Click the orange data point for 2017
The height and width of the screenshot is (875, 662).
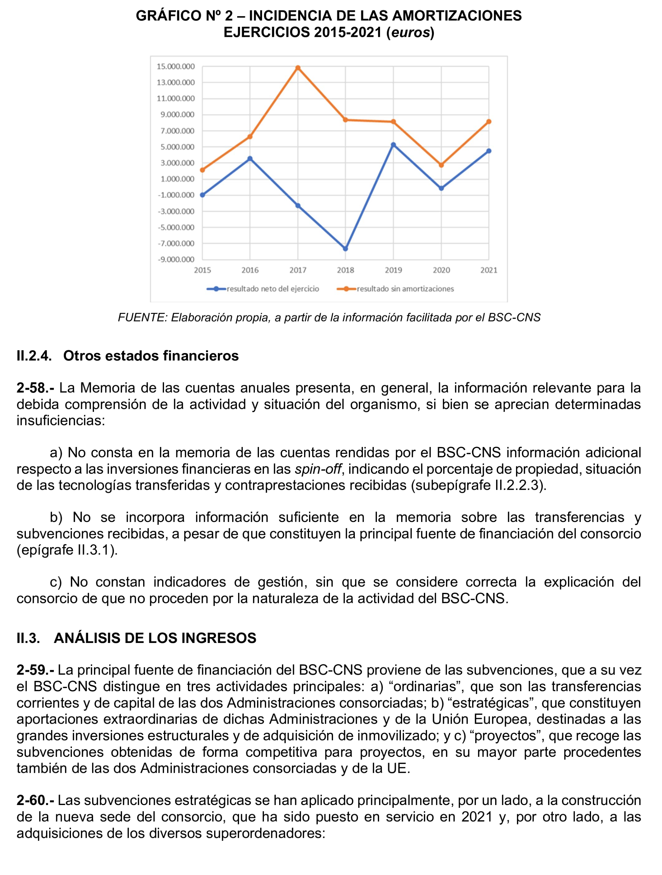click(298, 68)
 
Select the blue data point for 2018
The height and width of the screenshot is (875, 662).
click(345, 249)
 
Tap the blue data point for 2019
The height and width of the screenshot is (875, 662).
click(393, 145)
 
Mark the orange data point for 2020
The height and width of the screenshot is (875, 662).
click(441, 165)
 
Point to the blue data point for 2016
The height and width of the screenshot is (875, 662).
click(250, 159)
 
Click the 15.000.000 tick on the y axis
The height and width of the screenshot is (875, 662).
click(176, 67)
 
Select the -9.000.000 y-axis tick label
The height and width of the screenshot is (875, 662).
click(176, 259)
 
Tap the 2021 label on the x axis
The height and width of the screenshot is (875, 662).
click(489, 270)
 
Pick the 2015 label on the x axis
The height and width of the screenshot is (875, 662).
click(202, 270)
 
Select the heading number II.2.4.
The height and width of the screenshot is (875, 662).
click(34, 356)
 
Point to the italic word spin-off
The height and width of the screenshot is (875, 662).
click(318, 469)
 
